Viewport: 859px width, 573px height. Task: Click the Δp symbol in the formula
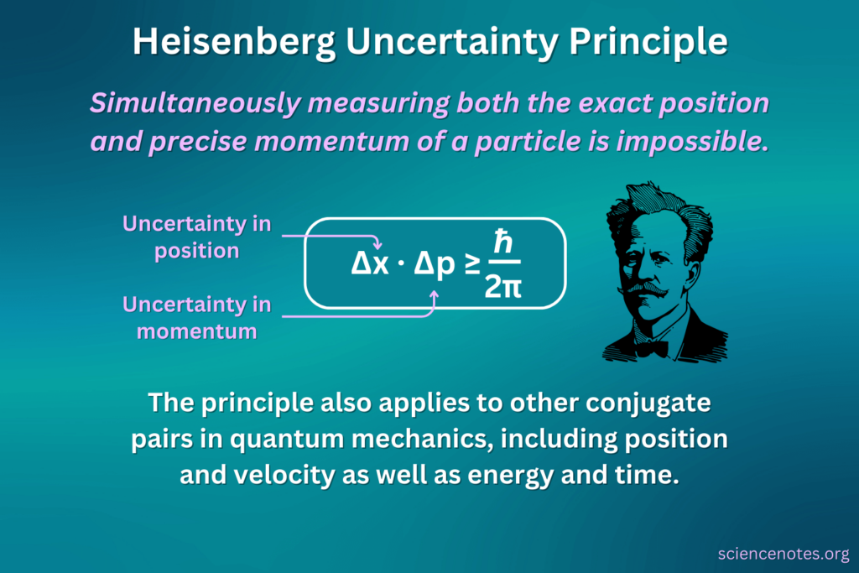pyautogui.click(x=435, y=263)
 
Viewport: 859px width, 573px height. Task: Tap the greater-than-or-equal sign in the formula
pyautogui.click(x=473, y=263)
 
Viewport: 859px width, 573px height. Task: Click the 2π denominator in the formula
pyautogui.click(x=503, y=288)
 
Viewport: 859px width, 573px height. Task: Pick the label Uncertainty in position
pyautogui.click(x=198, y=237)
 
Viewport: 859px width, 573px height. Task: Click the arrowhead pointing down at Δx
pyautogui.click(x=377, y=245)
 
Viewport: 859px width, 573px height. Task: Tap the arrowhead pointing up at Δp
pyautogui.click(x=435, y=294)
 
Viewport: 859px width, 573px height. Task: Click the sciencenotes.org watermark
pyautogui.click(x=784, y=555)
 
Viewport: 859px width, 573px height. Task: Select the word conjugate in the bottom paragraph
pyautogui.click(x=641, y=404)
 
